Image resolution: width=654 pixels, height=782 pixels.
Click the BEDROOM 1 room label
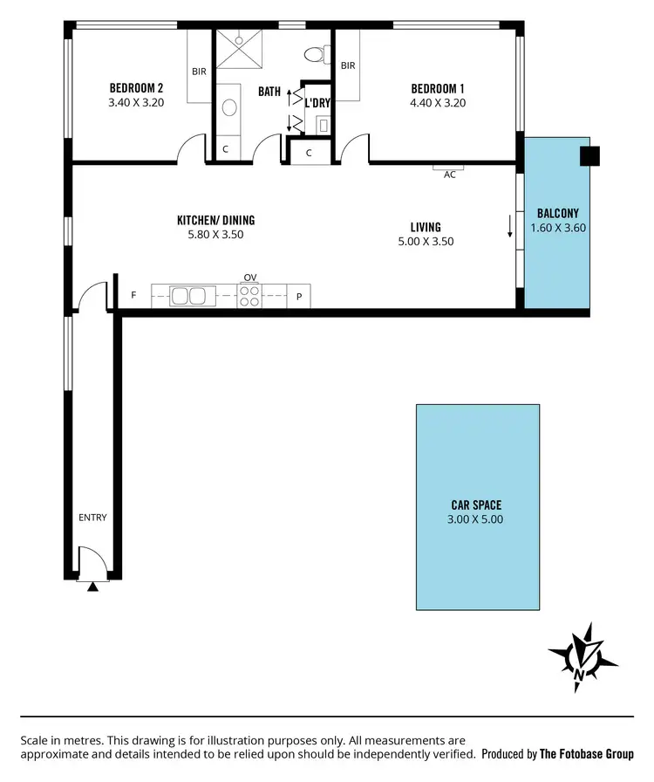(438, 88)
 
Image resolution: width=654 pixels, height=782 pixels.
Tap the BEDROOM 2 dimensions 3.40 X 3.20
(135, 102)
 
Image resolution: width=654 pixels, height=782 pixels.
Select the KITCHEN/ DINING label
(215, 221)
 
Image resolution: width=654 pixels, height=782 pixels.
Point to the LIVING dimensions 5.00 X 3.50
(426, 242)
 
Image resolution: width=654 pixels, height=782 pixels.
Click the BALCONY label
(558, 213)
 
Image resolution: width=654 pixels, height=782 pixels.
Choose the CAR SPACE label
(476, 504)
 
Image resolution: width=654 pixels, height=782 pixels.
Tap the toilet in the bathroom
(313, 55)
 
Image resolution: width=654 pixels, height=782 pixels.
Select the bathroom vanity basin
(229, 107)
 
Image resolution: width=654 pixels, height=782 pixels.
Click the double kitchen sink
(188, 297)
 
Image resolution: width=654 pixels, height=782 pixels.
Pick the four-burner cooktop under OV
(250, 297)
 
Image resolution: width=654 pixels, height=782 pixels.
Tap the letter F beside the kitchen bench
(133, 296)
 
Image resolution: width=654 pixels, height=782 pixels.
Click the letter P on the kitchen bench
(299, 297)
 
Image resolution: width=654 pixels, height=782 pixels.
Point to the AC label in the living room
(450, 175)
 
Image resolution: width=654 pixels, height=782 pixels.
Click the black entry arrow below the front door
(92, 586)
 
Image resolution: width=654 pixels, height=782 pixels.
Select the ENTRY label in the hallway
(92, 518)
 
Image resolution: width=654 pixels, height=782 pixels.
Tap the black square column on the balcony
(590, 155)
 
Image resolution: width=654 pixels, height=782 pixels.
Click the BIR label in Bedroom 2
(200, 72)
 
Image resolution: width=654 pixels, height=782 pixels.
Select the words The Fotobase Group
(586, 754)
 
